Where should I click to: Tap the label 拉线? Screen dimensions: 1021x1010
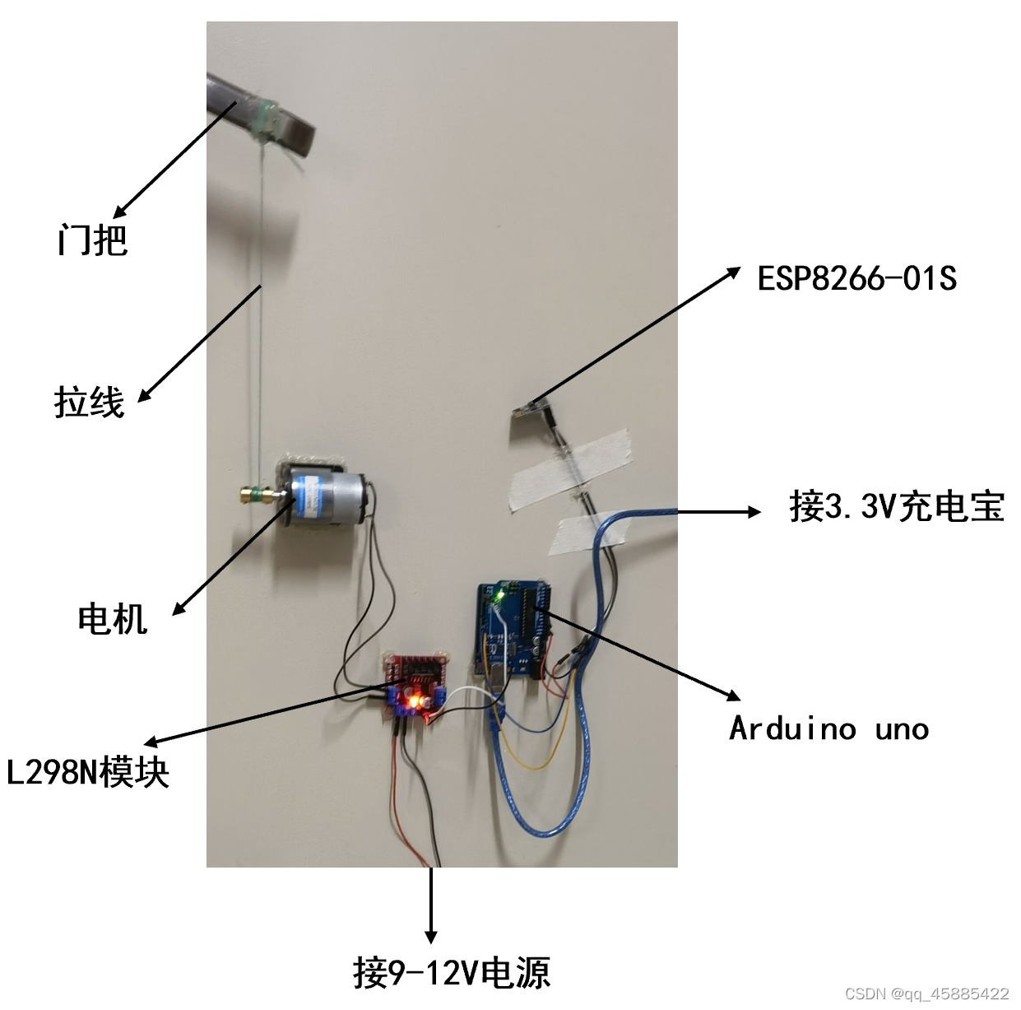click(x=90, y=403)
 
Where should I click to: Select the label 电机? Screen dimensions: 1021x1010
click(x=113, y=618)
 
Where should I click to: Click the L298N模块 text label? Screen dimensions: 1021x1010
click(x=88, y=772)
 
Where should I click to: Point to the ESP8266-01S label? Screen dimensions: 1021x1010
click(x=856, y=278)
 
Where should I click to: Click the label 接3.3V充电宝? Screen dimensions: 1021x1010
click(x=897, y=505)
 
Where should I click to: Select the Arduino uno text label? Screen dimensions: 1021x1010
click(x=828, y=728)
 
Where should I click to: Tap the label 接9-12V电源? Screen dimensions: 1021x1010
click(x=452, y=972)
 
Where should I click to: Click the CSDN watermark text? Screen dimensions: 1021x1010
click(x=926, y=994)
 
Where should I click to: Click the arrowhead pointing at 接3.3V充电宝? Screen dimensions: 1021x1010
click(x=754, y=512)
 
